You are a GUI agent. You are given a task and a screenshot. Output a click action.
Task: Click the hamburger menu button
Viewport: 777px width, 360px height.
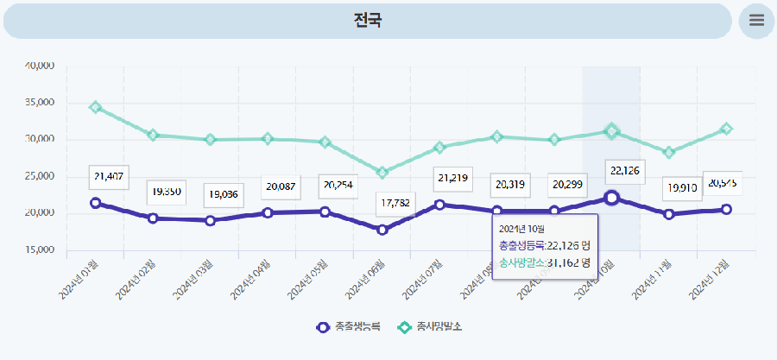click(x=756, y=21)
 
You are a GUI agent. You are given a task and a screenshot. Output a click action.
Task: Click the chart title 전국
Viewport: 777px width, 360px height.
click(x=368, y=20)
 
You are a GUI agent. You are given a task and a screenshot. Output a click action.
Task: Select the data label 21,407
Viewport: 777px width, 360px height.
click(x=109, y=176)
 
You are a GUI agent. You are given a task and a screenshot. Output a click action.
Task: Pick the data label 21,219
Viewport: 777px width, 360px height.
click(x=453, y=179)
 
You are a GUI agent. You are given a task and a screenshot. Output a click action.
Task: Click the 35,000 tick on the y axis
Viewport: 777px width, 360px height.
click(x=37, y=102)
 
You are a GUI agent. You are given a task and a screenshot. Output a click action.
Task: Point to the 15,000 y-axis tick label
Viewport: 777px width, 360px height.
click(x=37, y=250)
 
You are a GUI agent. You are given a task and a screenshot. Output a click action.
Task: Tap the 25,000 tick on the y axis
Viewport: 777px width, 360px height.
click(x=37, y=176)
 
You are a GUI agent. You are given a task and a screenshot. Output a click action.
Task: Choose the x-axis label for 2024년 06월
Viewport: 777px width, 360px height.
click(x=366, y=278)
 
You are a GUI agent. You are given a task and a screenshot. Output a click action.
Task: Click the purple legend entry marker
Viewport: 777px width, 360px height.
click(x=322, y=327)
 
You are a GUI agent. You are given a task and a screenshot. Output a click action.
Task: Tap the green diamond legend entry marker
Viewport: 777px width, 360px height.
click(x=403, y=327)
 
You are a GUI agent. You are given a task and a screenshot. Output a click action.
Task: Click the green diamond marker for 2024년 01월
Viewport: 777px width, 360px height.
click(x=96, y=107)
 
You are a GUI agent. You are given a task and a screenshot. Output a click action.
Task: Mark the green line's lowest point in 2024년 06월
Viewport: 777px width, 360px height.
click(x=382, y=173)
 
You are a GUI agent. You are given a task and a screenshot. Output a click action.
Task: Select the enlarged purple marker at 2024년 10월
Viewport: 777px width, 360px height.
click(x=611, y=198)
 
